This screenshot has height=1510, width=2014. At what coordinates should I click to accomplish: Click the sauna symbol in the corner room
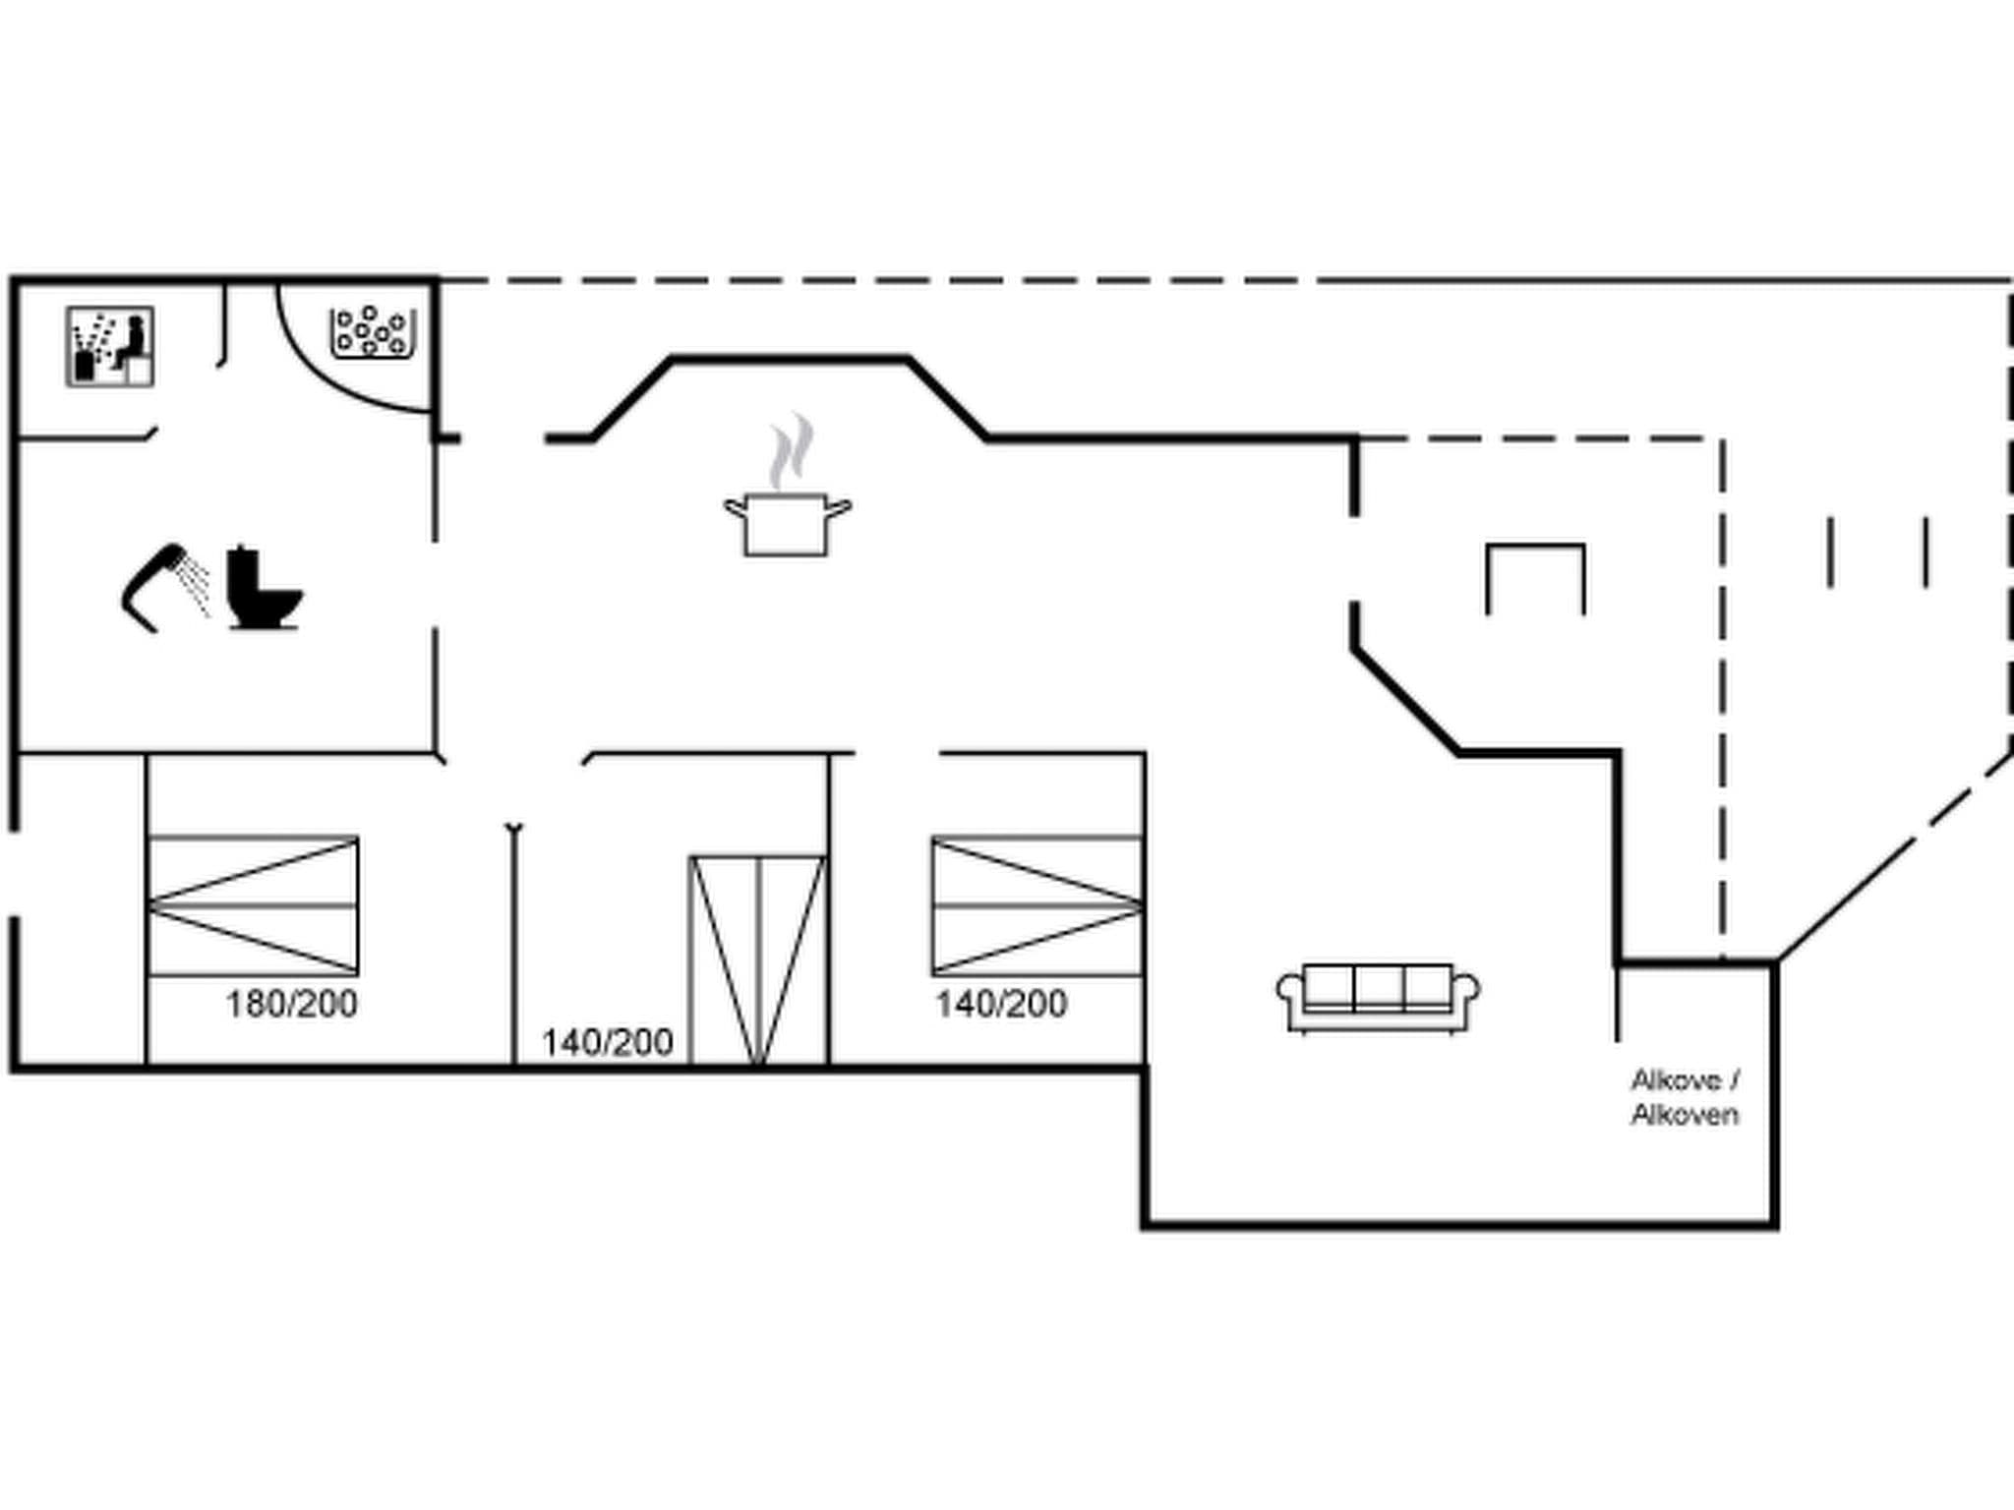110,346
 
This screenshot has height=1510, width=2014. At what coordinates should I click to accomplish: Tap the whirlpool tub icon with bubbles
372,333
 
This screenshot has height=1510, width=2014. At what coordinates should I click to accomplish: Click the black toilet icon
262,590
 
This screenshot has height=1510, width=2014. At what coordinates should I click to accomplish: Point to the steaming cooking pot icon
787,523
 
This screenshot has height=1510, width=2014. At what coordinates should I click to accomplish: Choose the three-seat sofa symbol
1378,996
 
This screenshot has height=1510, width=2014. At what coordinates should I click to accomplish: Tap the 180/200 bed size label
292,1004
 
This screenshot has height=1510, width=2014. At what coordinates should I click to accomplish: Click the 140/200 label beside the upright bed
608,1042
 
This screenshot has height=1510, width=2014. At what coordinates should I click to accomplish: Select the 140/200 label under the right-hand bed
1001,1004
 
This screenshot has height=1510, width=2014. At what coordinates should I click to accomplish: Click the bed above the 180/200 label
253,905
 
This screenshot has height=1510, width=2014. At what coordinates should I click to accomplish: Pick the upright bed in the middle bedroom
757,959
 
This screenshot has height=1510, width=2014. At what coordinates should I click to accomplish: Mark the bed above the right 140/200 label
1037,905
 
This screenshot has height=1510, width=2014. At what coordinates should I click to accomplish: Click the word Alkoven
1685,1114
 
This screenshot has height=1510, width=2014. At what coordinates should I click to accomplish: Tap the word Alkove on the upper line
1676,1080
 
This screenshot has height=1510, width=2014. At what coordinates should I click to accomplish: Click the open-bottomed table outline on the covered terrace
1535,575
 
